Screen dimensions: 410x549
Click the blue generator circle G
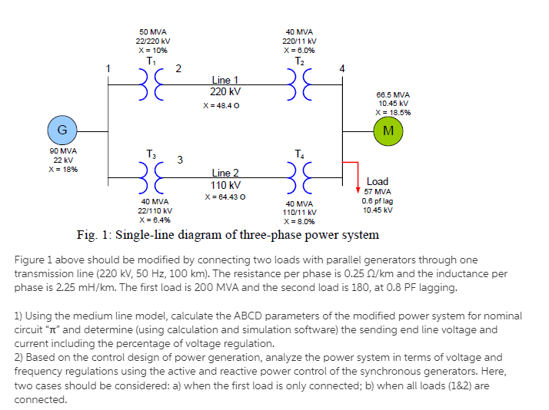[x=61, y=128]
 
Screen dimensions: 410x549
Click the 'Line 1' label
[x=225, y=80]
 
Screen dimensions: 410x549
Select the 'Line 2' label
[x=225, y=174]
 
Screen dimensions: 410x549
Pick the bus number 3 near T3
[x=179, y=160]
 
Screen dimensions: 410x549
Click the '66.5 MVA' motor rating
[x=393, y=94]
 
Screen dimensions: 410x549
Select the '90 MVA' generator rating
[x=61, y=151]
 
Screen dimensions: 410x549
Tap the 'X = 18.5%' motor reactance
[x=393, y=112]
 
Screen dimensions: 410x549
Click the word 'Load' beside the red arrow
[x=378, y=182]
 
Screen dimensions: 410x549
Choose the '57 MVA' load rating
[x=378, y=191]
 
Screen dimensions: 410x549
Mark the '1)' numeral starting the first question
[x=19, y=316]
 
